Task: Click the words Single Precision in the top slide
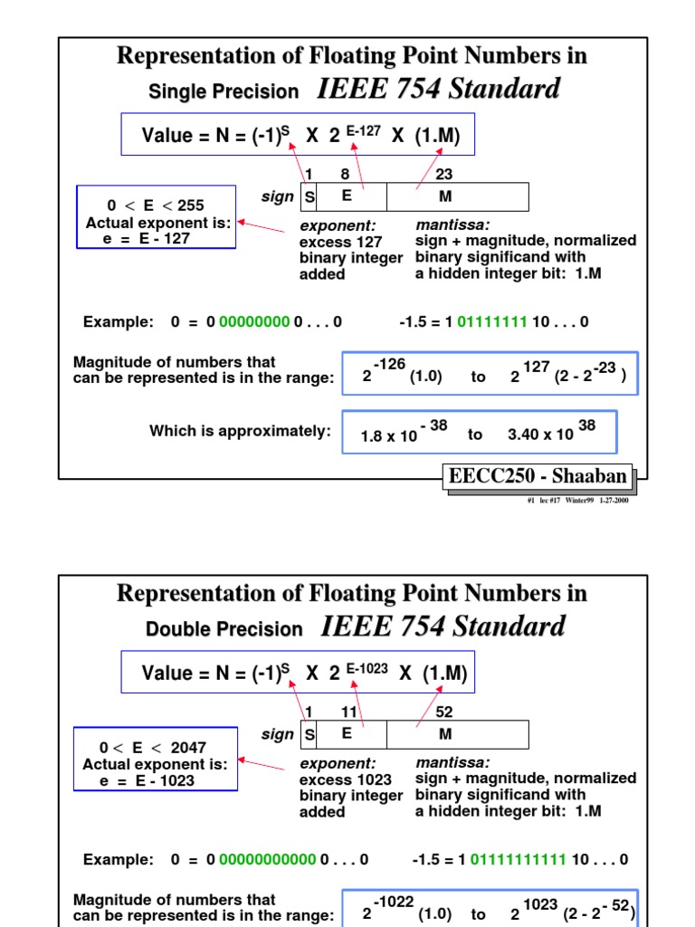tap(223, 91)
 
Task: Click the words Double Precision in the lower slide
tap(224, 629)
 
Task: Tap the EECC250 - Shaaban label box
tap(538, 476)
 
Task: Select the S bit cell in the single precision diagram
tap(309, 196)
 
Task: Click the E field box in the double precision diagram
tap(346, 733)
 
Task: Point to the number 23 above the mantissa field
tap(443, 174)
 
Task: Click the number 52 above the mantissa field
tap(443, 712)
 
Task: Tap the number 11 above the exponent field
tap(348, 712)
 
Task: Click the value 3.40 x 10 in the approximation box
tap(541, 434)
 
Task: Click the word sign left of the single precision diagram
tap(277, 196)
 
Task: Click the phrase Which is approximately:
tap(240, 431)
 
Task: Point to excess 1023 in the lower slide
tap(345, 779)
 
